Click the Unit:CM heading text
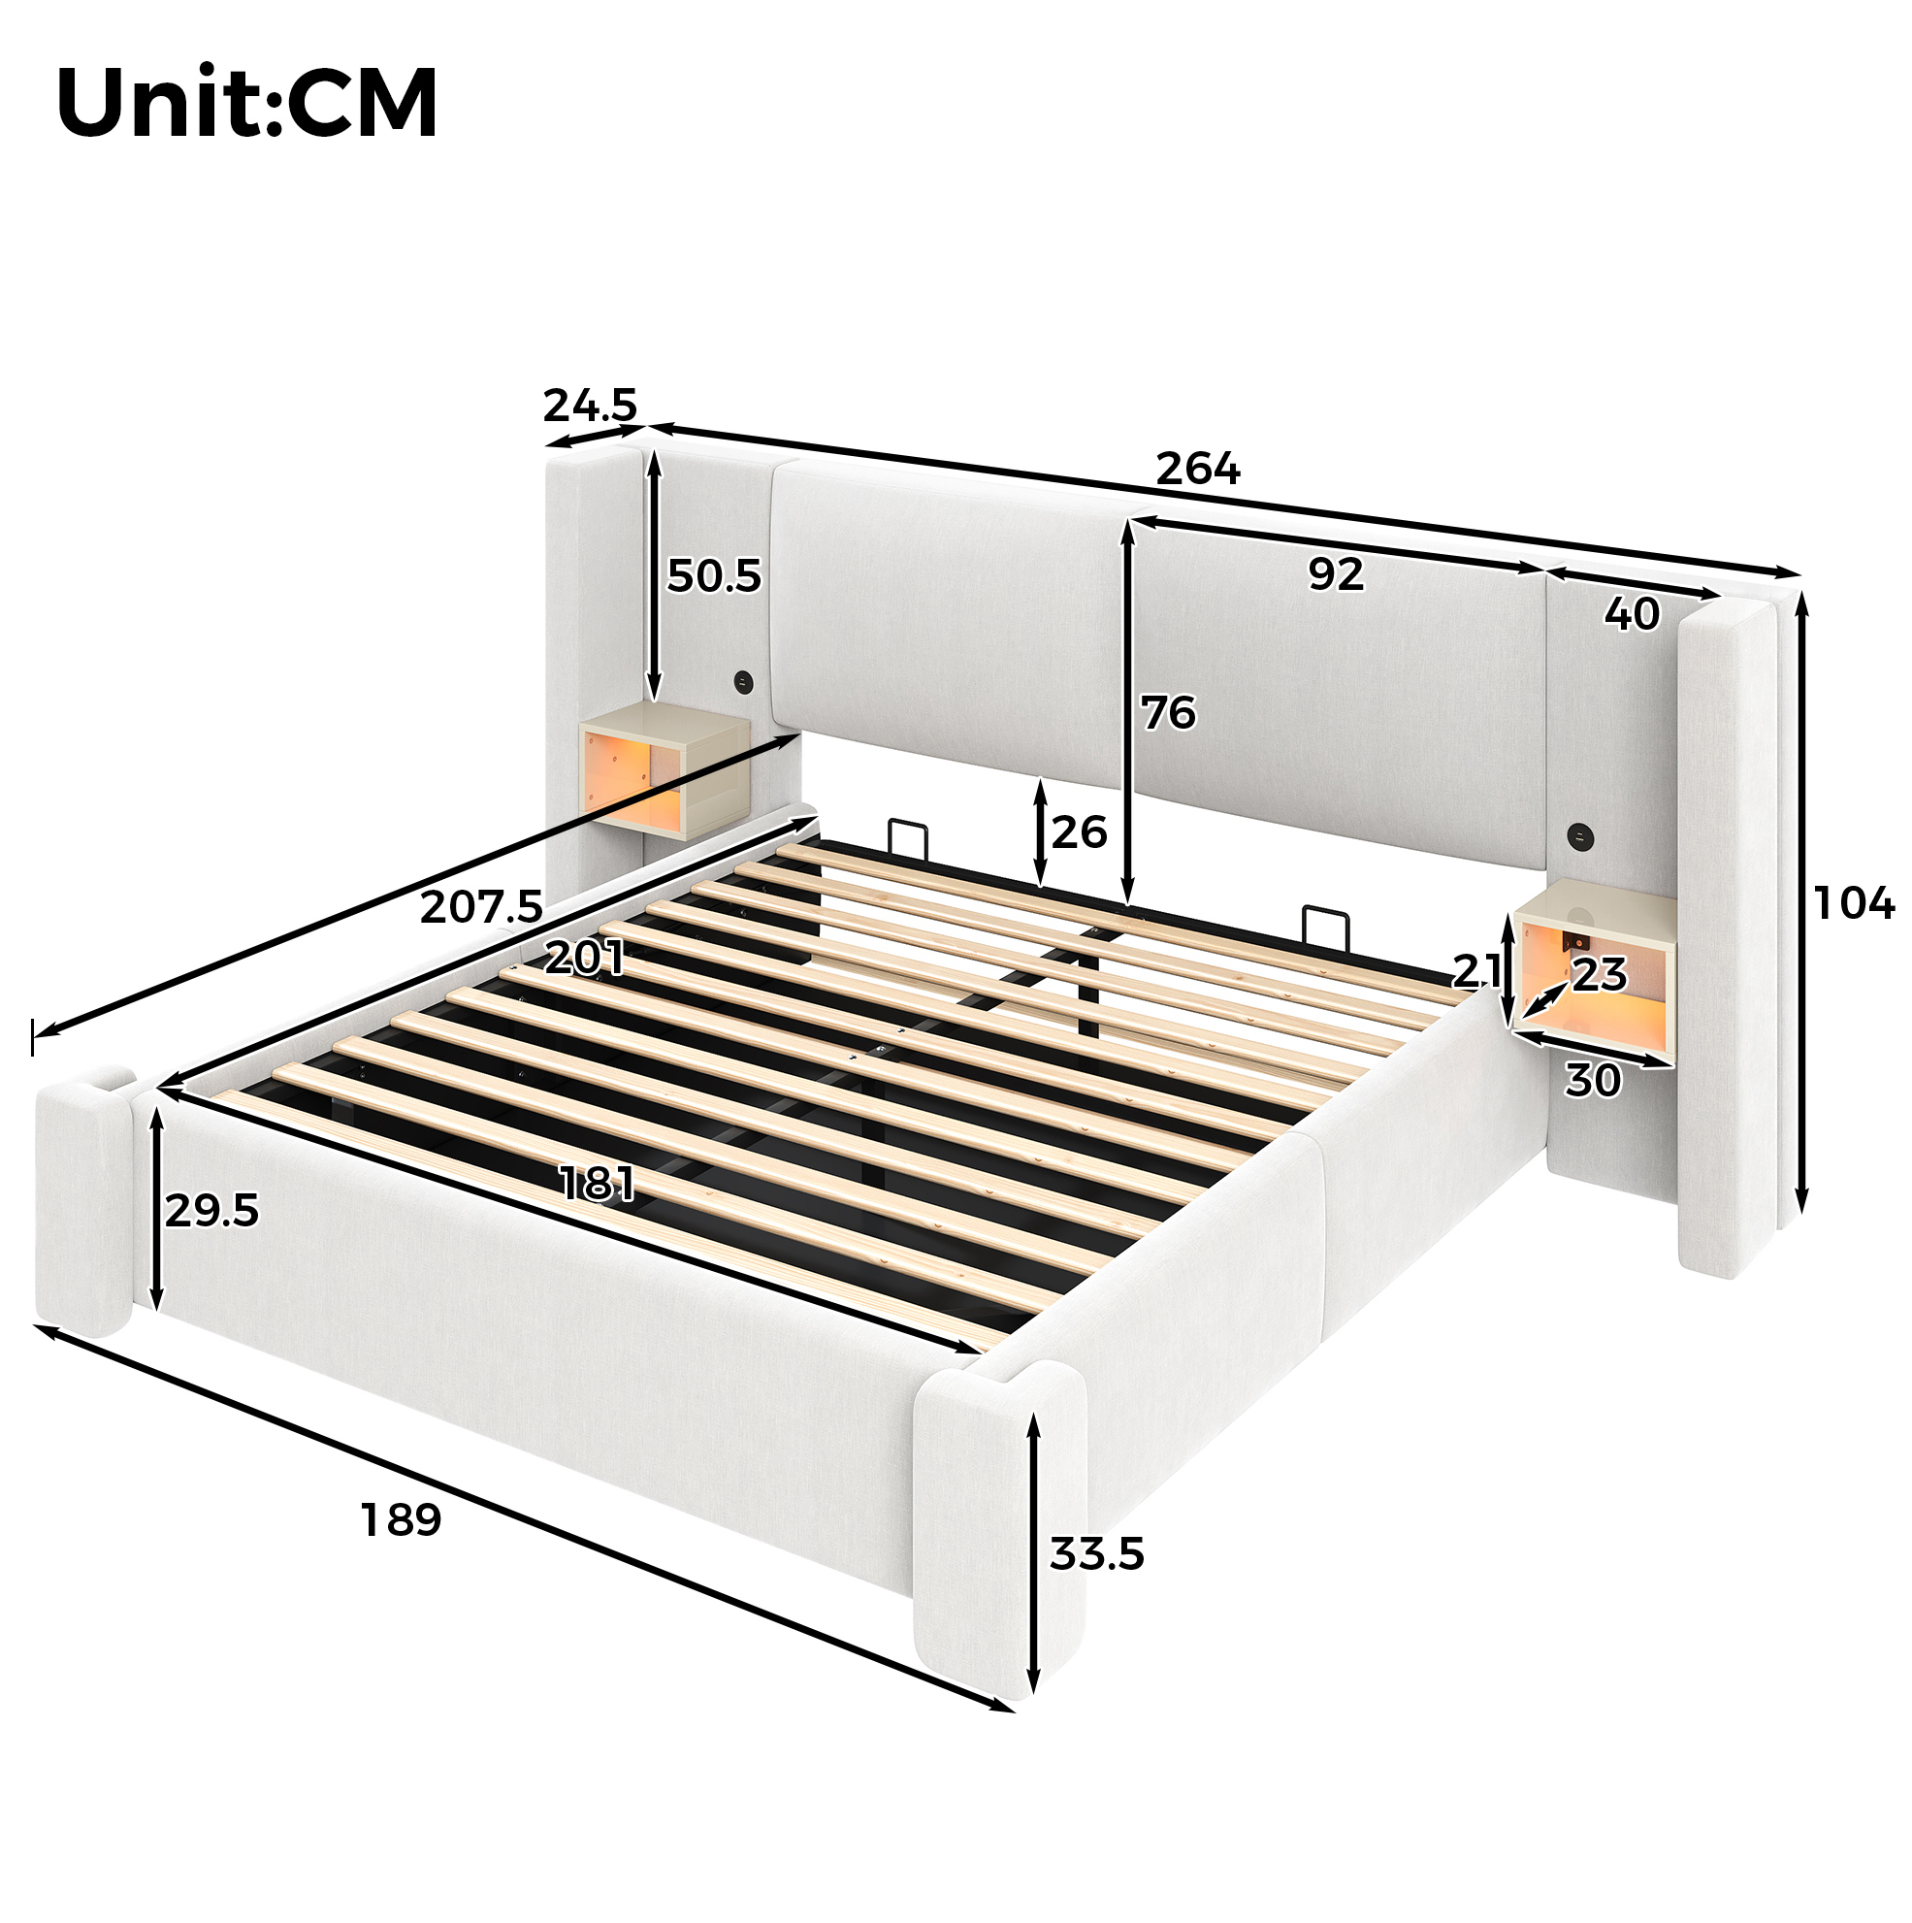click(x=246, y=103)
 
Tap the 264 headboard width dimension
click(x=1197, y=468)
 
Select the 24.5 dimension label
click(x=589, y=406)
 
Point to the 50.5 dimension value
click(x=714, y=575)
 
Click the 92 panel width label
click(x=1336, y=574)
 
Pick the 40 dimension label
click(x=1632, y=614)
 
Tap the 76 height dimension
click(x=1168, y=713)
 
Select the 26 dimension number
click(x=1079, y=832)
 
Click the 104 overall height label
click(x=1853, y=903)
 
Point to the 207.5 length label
click(x=482, y=907)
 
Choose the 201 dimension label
click(x=585, y=958)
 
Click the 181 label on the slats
click(x=598, y=1184)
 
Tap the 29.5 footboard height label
click(x=212, y=1210)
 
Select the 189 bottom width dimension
click(x=400, y=1520)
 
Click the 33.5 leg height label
click(x=1097, y=1553)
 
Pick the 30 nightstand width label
click(x=1593, y=1080)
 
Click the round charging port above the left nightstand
click(x=743, y=683)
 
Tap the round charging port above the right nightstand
click(x=1577, y=834)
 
